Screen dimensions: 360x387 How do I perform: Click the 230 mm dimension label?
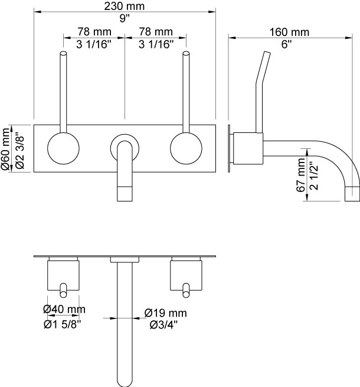(x=125, y=6)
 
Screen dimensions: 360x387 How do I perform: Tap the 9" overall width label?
(x=125, y=18)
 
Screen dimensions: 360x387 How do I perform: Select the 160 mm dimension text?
(x=289, y=32)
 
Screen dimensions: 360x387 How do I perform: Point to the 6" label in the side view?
(x=286, y=44)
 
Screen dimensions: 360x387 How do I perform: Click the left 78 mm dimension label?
(x=94, y=31)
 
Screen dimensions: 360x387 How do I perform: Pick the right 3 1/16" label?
(x=156, y=44)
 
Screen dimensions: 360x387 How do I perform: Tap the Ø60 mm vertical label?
(x=6, y=148)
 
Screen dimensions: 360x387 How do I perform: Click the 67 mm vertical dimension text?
(x=301, y=175)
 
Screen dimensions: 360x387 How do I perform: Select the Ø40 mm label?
(x=64, y=309)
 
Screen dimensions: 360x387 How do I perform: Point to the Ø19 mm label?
(x=165, y=313)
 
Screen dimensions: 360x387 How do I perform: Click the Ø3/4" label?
(x=163, y=325)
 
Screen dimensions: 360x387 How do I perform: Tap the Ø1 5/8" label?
(x=63, y=324)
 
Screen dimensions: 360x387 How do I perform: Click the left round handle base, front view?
(x=63, y=148)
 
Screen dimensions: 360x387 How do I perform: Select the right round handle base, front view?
(x=186, y=148)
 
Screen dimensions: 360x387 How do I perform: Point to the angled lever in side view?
(x=263, y=92)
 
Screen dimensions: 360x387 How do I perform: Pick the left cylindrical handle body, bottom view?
(x=63, y=275)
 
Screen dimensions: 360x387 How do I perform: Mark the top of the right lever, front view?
(x=186, y=53)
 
